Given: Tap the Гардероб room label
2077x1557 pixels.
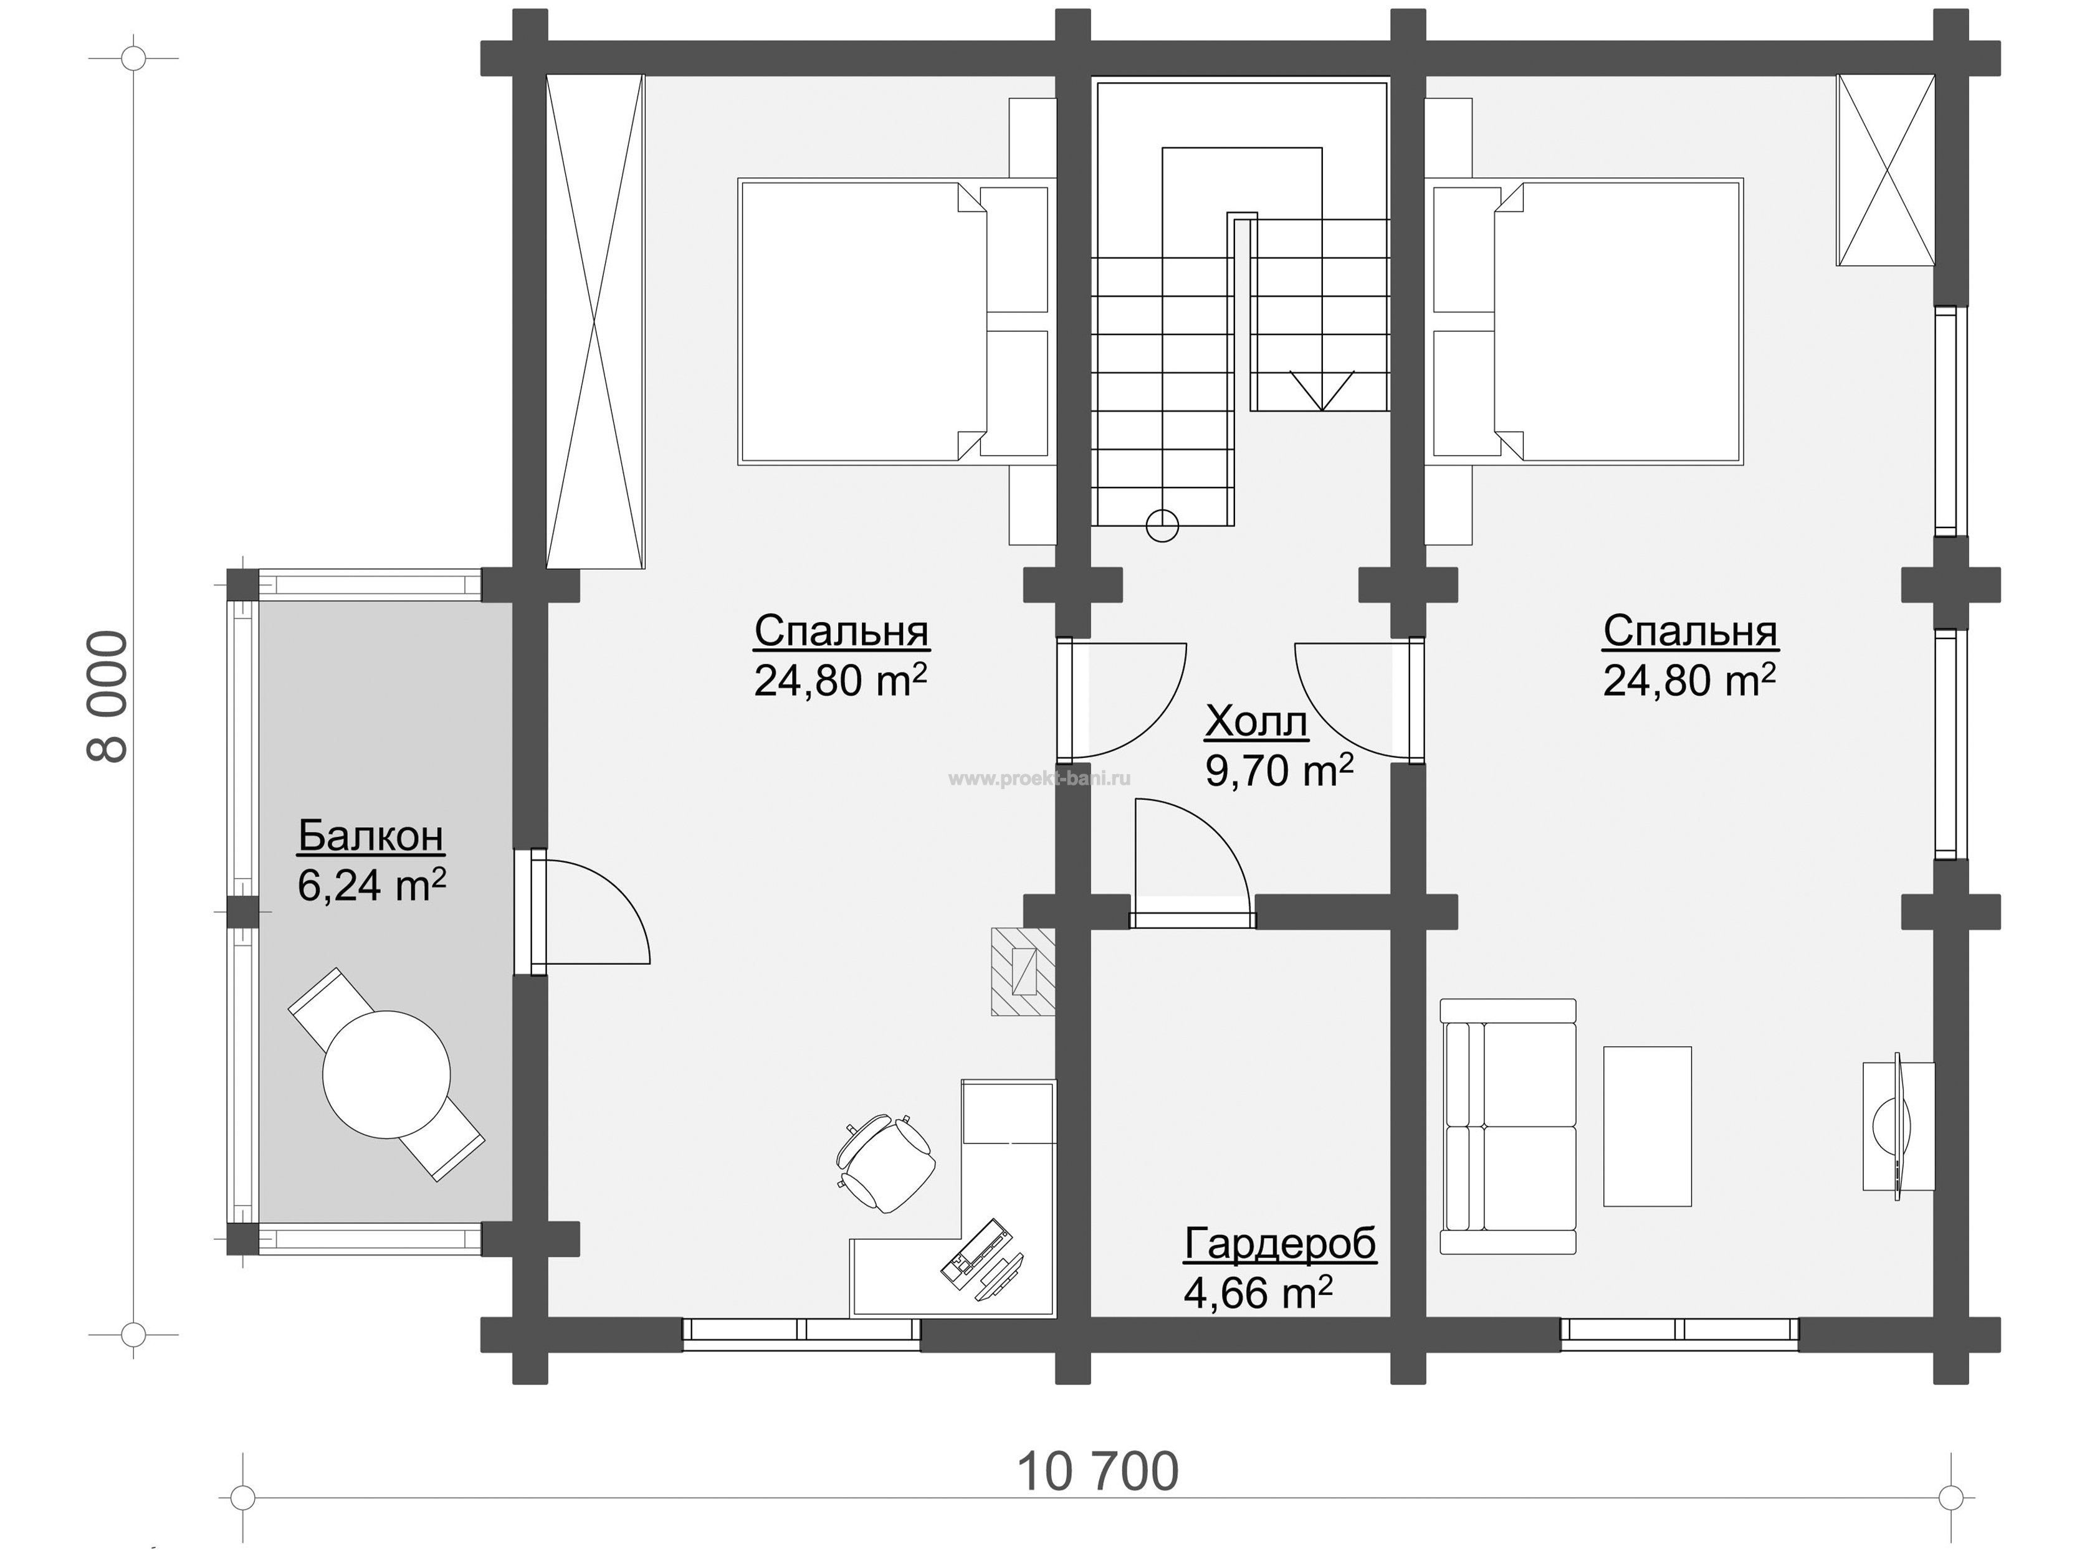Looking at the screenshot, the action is [1281, 1244].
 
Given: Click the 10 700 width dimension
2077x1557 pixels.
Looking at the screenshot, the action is [1097, 1472].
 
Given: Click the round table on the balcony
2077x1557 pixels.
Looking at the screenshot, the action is [386, 1074].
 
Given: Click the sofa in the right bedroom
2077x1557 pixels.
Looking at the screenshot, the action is [1508, 1126].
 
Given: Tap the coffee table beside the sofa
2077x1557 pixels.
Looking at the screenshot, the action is [1647, 1126].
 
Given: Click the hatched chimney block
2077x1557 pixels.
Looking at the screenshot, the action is [1023, 972].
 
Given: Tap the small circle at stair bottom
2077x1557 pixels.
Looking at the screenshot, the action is [1162, 526].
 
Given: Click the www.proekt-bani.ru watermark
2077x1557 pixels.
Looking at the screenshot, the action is [1039, 778].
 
